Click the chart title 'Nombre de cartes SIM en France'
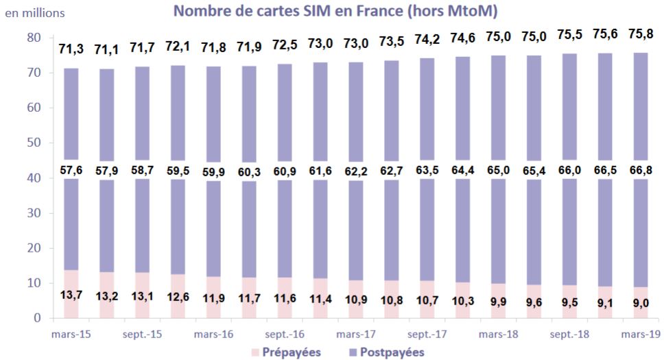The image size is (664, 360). click(x=335, y=12)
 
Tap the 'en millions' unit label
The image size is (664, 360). click(x=35, y=12)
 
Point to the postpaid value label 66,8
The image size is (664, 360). click(x=641, y=169)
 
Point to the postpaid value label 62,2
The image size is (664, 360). click(x=355, y=169)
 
